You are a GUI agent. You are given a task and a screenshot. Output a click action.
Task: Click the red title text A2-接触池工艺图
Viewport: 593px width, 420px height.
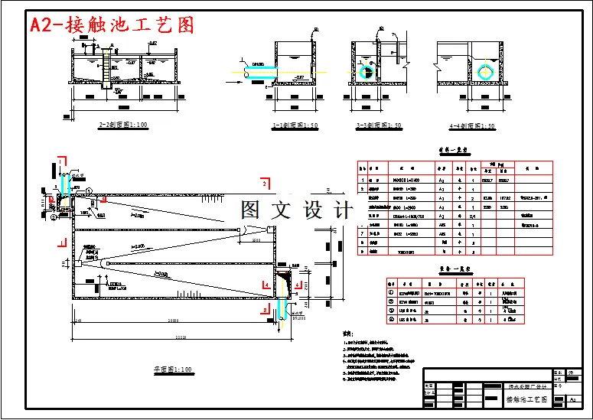[x=112, y=25]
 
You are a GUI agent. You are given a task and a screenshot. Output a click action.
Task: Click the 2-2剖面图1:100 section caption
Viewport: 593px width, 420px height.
[x=123, y=124]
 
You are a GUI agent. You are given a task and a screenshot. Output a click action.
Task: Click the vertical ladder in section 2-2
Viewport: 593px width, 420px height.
[x=100, y=72]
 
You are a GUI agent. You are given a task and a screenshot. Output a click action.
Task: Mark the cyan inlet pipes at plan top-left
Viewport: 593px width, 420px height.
[x=67, y=184]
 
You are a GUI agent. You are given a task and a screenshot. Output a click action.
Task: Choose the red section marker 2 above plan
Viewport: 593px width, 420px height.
[x=265, y=184]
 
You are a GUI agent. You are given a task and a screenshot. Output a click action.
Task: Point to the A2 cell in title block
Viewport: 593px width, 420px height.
[x=572, y=399]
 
